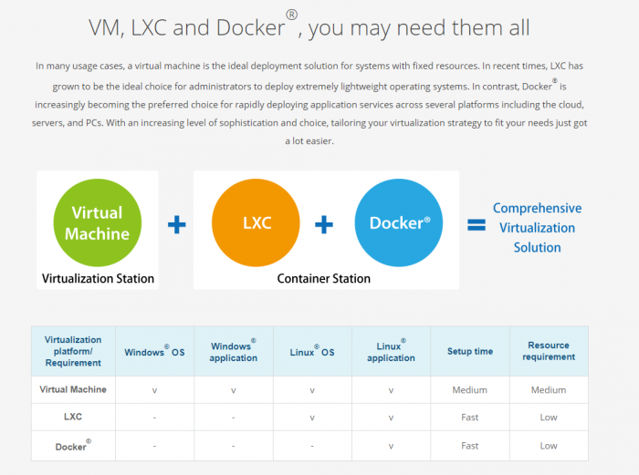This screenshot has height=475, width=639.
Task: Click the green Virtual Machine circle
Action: (98, 222)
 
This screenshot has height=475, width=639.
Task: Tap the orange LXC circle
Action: (256, 222)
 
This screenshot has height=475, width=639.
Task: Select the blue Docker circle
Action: (399, 222)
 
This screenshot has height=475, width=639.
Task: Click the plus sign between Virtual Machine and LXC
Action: (177, 224)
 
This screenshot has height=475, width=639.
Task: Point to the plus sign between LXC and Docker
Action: (324, 224)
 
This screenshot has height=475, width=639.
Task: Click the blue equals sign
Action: (477, 224)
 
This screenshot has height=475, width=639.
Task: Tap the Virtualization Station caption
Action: (98, 278)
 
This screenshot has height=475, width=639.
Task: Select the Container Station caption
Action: (323, 278)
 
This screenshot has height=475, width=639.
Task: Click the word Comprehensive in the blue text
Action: (537, 209)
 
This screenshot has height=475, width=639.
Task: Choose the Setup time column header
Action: (470, 351)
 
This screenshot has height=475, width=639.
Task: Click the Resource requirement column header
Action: (549, 351)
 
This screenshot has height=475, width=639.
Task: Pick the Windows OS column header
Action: (154, 351)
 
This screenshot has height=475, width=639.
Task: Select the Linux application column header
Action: (391, 351)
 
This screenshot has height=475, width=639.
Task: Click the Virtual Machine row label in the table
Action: (73, 389)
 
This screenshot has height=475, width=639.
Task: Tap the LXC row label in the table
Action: (73, 417)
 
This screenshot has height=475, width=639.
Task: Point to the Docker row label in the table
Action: (73, 445)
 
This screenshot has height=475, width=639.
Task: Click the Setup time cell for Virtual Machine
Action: (469, 390)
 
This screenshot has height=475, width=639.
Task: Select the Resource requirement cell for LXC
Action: (549, 418)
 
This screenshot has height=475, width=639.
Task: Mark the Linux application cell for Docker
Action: (391, 447)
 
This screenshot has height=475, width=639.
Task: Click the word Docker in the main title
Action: (251, 27)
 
